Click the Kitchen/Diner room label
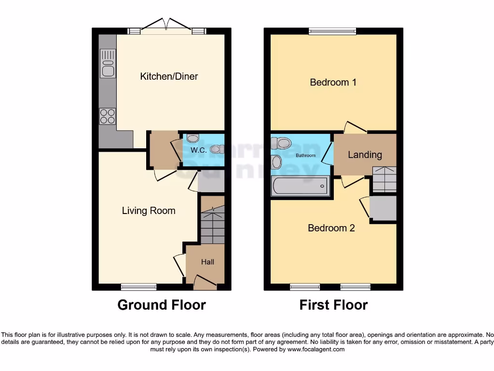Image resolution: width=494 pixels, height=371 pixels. tap(169, 76)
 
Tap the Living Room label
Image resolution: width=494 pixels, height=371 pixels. tap(148, 211)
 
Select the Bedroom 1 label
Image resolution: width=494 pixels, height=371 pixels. tap(333, 82)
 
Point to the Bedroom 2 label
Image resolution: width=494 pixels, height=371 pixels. tap(331, 228)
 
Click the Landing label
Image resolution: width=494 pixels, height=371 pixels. tap(365, 155)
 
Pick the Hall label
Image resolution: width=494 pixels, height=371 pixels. tap(207, 262)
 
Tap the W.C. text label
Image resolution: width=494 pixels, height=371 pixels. tap(198, 150)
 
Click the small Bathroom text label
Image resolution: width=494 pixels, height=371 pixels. tap(305, 156)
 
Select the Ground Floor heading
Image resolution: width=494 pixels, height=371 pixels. tap(162, 305)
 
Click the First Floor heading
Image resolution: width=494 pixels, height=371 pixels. tap(333, 305)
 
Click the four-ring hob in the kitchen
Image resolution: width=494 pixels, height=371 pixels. tap(108, 116)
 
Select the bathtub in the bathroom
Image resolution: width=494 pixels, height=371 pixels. tap(300, 186)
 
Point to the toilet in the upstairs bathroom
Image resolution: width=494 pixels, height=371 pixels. tap(281, 143)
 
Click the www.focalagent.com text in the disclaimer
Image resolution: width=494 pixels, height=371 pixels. tap(316, 349)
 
